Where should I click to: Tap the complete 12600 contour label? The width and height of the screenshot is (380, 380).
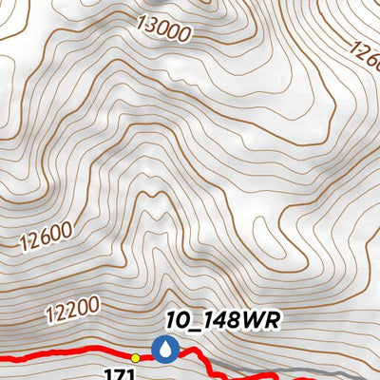pyautogui.click(x=45, y=235)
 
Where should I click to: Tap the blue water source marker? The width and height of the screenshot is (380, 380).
pyautogui.click(x=167, y=350)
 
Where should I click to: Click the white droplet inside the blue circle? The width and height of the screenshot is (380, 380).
pyautogui.click(x=167, y=350)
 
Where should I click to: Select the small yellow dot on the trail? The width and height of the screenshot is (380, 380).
pyautogui.click(x=136, y=358)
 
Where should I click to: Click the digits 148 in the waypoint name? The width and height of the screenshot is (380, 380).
pyautogui.click(x=212, y=321)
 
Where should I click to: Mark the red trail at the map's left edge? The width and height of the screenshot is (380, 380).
pyautogui.click(x=5, y=358)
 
